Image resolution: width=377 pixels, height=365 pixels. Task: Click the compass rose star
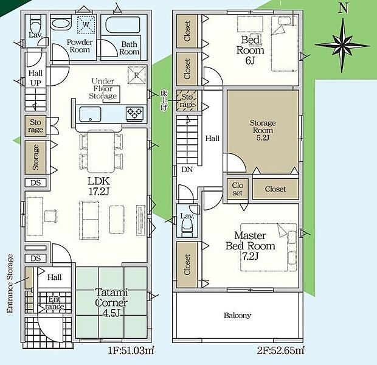point(342,45)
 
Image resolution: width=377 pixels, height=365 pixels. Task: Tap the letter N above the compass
point(344,9)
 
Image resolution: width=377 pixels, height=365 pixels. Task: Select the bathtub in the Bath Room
point(123,25)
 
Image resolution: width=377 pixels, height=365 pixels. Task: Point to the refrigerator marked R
point(136,75)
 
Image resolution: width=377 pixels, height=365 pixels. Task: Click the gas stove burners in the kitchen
point(134,113)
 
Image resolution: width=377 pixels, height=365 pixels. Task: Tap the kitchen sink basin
point(90,114)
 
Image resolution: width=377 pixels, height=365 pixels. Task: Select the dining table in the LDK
point(101,151)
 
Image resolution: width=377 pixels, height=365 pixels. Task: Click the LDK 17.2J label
point(99,186)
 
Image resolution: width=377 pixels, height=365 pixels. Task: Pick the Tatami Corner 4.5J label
point(111,303)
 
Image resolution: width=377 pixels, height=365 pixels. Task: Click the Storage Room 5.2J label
point(263,130)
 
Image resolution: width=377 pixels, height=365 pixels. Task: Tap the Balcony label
point(238,315)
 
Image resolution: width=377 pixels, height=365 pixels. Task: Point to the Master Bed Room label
point(250,241)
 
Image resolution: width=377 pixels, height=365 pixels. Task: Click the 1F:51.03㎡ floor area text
point(131,351)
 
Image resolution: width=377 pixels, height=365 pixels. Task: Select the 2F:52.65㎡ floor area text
point(280,351)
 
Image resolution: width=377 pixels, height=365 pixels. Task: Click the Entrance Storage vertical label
point(10,283)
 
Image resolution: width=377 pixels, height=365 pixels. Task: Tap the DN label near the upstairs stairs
point(187,170)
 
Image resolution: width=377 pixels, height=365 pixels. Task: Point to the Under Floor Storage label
point(103,89)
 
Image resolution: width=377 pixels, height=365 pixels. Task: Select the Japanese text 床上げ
point(164,100)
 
